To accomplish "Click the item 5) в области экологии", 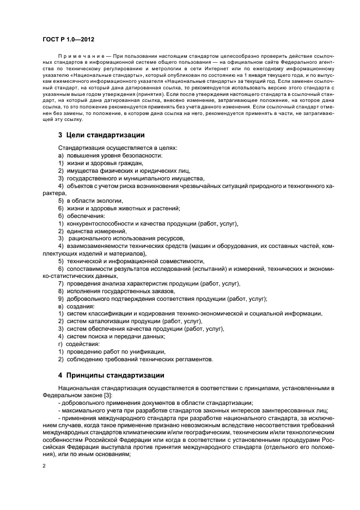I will point(86,201).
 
